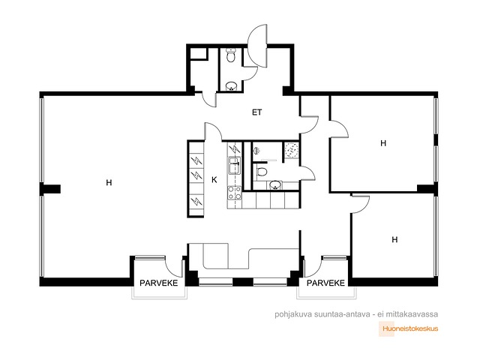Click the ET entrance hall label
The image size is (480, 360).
click(x=256, y=112)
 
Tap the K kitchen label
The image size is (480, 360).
click(x=214, y=180)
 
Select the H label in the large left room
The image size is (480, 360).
click(x=109, y=183)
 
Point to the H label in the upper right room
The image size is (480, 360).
click(x=383, y=143)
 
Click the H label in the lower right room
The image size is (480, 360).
click(x=395, y=239)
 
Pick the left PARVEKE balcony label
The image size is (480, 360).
click(x=158, y=283)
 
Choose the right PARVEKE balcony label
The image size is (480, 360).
click(x=325, y=283)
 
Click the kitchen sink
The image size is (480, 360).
click(x=235, y=165)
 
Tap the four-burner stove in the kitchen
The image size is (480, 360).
click(x=235, y=193)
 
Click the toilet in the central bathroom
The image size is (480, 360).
click(x=261, y=171)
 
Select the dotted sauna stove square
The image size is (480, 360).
click(x=291, y=150)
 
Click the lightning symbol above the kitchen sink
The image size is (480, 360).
click(x=235, y=149)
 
